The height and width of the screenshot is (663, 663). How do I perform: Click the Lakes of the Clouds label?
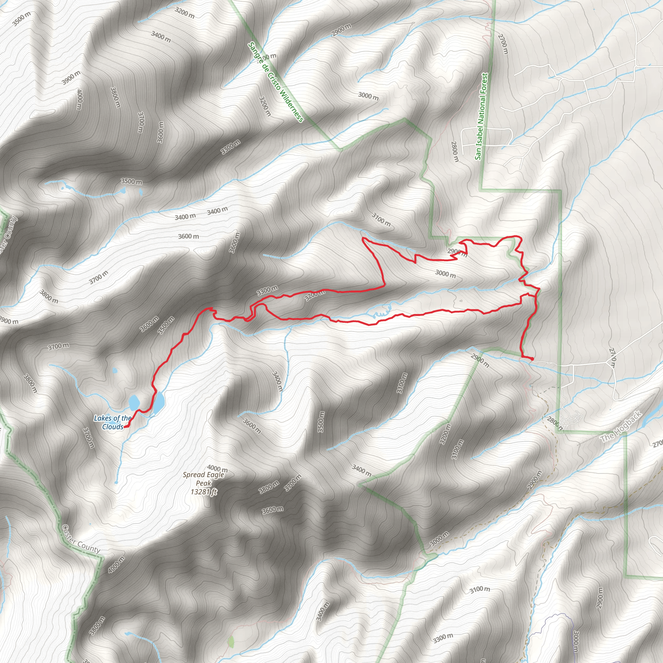pos(113,422)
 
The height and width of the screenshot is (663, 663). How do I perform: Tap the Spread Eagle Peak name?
pos(203,479)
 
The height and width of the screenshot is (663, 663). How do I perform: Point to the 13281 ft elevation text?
pos(204,492)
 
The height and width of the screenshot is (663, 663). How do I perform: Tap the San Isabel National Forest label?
pos(481,116)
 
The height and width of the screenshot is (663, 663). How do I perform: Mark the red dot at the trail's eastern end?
pos(532,359)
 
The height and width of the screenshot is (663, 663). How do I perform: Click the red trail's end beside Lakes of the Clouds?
pos(125,427)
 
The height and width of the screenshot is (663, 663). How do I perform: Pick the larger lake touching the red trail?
pos(159,402)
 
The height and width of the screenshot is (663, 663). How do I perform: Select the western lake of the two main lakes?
pos(133,402)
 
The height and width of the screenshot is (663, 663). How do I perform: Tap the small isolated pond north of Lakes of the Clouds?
pos(115,371)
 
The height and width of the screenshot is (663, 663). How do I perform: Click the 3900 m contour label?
pos(71,78)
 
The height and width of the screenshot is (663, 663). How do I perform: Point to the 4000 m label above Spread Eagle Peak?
pos(217,468)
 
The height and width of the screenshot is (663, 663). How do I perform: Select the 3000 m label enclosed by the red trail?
pos(445,274)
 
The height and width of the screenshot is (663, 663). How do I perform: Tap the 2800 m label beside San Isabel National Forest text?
pos(455,151)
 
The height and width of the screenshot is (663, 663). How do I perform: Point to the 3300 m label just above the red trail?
pos(267,290)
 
